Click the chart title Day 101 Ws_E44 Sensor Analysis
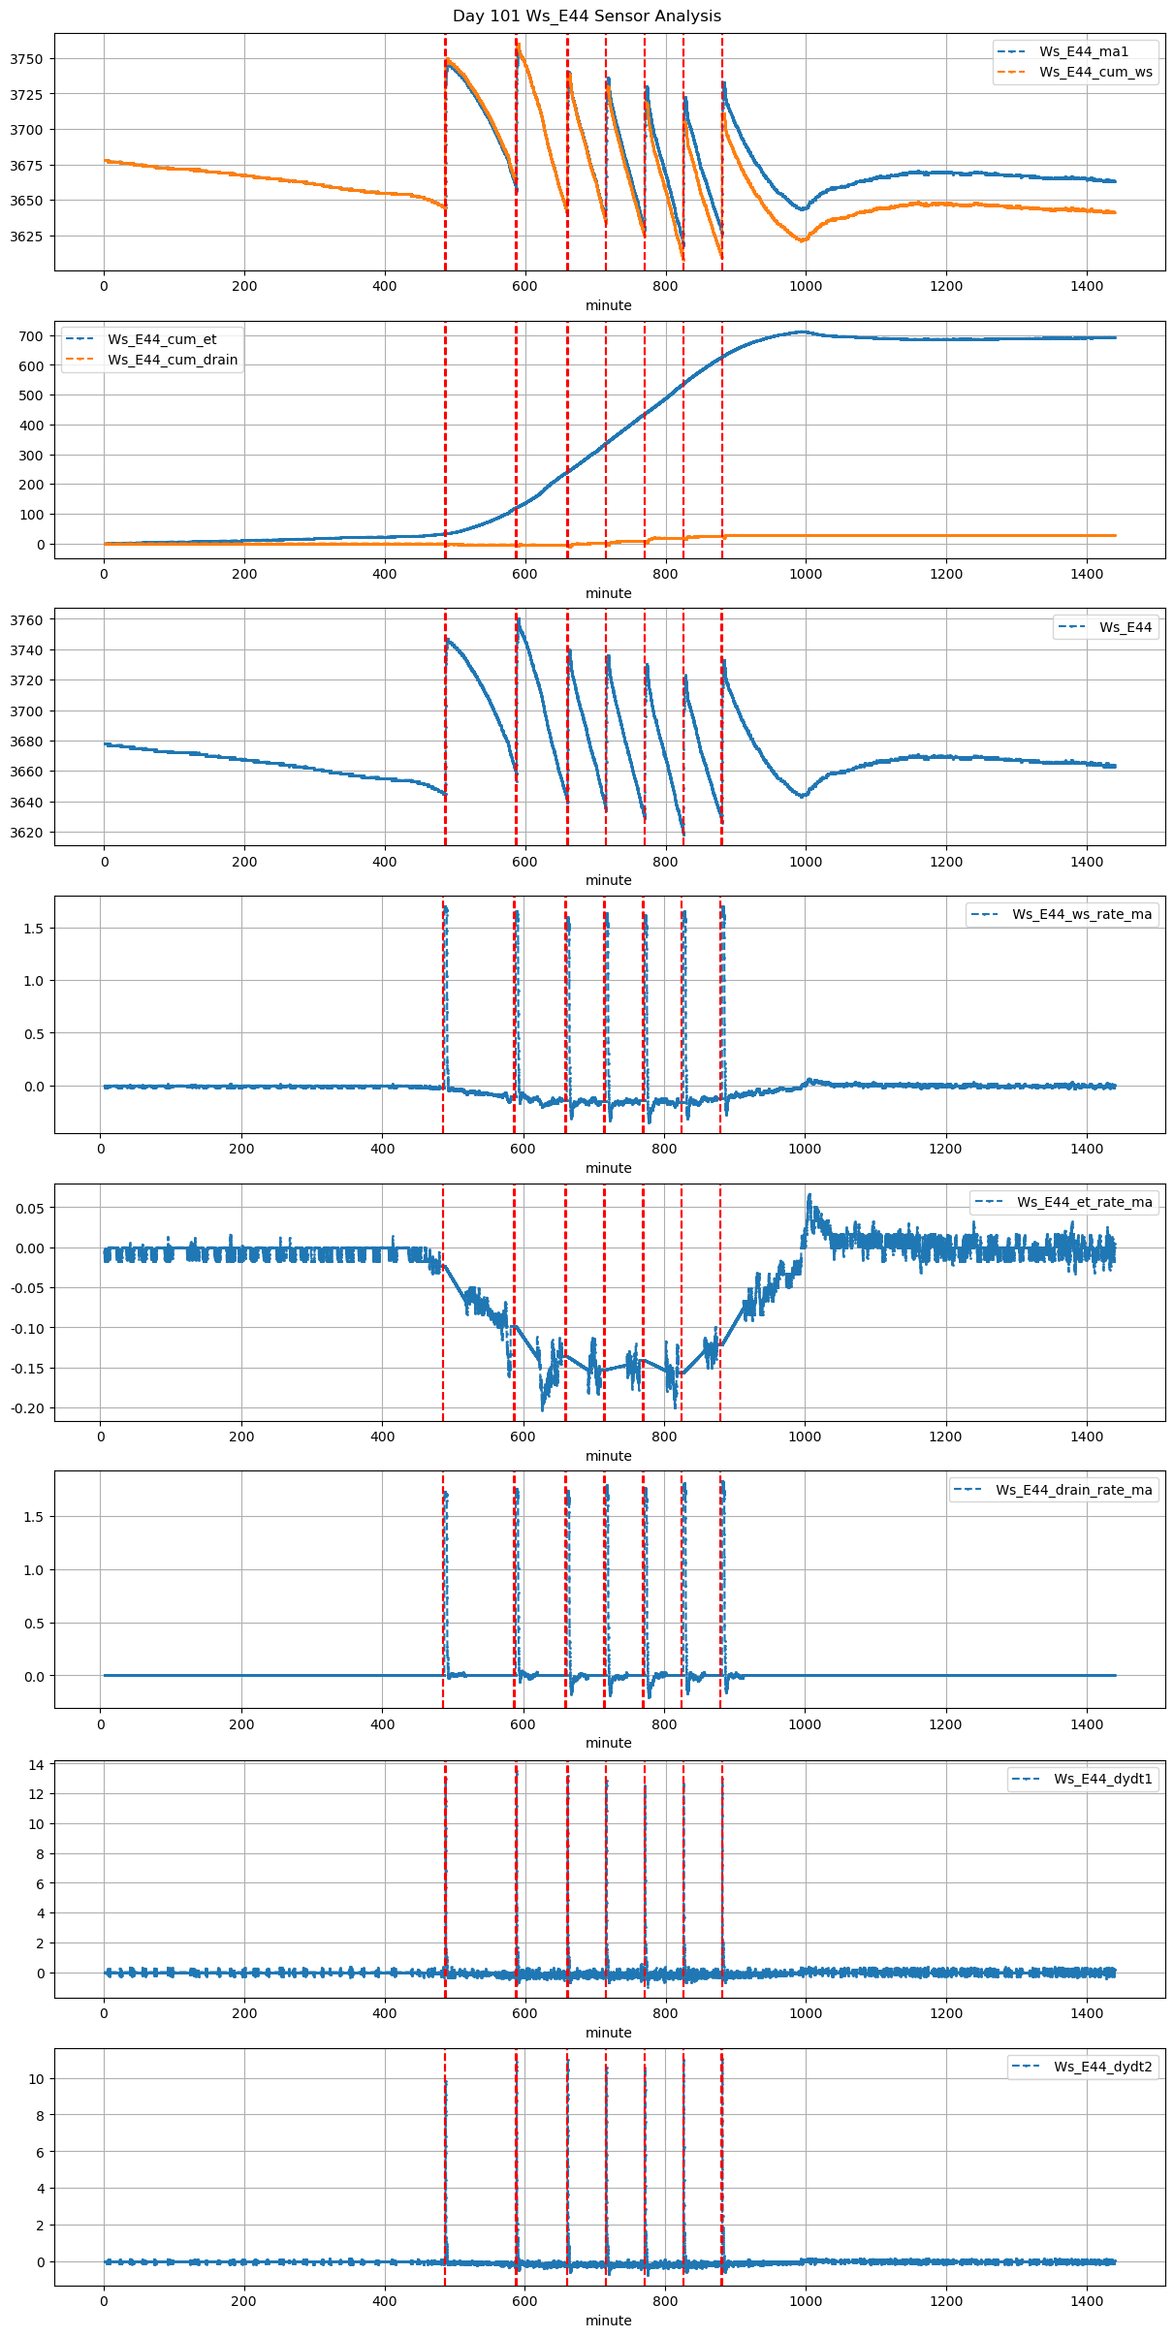click(587, 16)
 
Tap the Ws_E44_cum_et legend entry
click(162, 339)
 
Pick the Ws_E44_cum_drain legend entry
click(173, 360)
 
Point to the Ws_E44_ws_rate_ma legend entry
click(1082, 914)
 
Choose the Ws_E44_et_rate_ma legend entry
click(1084, 1202)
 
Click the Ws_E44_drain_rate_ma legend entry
click(1073, 1490)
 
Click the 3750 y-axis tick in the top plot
click(26, 59)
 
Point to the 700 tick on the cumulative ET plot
click(32, 336)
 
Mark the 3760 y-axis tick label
click(26, 620)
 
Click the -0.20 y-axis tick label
click(27, 1408)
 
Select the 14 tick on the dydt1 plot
click(36, 1765)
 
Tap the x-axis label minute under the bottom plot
click(608, 2321)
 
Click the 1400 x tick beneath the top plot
click(1087, 286)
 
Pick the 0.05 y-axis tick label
click(29, 1208)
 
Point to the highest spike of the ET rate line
click(809, 1195)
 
